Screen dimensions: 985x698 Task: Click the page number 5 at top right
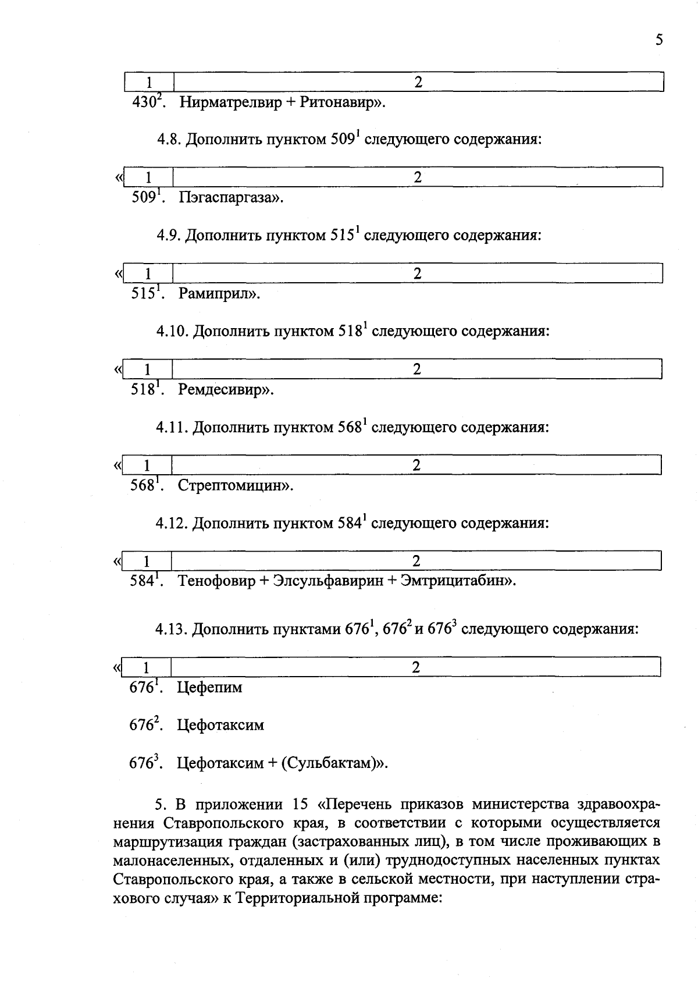pos(658,40)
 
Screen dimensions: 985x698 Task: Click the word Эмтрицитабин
pos(454,581)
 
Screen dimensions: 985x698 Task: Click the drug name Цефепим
pos(209,688)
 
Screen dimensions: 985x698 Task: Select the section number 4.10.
pos(172,332)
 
